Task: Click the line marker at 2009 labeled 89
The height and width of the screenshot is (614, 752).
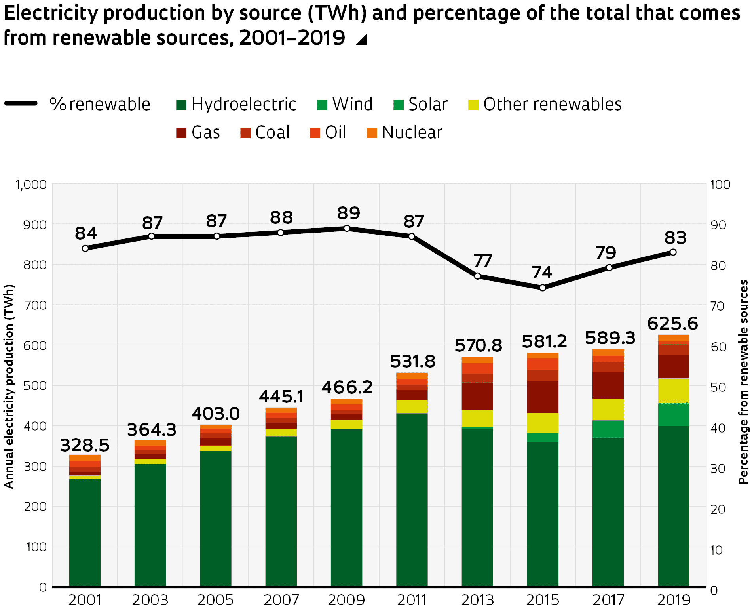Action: coord(347,228)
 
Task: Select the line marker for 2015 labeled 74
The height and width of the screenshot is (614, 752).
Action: coord(543,288)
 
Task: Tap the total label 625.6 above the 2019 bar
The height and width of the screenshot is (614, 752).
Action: coord(672,324)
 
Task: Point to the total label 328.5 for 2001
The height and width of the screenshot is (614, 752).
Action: coord(85,445)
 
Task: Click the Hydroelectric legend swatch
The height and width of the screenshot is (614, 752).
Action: coord(181,105)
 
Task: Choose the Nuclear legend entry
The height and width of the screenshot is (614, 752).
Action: coord(412,133)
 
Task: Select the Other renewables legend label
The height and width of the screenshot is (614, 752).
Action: coord(552,105)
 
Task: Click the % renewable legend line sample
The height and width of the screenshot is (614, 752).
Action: coord(21,104)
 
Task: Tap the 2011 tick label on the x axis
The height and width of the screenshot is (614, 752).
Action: coord(412,600)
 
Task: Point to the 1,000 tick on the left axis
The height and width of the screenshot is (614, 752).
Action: coord(31,185)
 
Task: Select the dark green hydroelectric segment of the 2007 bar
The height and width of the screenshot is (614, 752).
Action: coord(281,511)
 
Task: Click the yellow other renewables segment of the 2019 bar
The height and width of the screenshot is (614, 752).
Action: coord(674,391)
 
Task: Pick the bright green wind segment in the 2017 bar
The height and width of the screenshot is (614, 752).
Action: coord(608,429)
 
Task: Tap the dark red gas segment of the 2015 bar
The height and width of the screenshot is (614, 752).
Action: coord(543,397)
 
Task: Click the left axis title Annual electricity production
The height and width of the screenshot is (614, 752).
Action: coord(9,386)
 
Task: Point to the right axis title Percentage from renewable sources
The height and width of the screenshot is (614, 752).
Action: coord(743,382)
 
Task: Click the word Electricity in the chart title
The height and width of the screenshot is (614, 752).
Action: coord(51,13)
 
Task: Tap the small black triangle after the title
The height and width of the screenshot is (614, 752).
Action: coord(362,40)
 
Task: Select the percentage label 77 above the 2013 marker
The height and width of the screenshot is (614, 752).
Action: coord(483,261)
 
